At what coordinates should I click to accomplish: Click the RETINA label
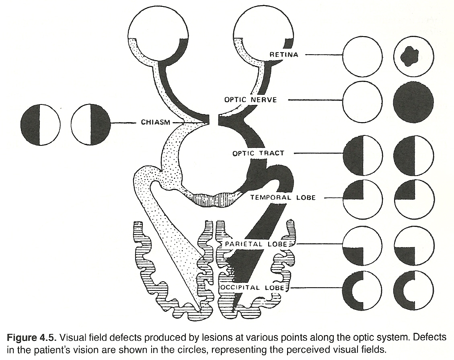point(284,54)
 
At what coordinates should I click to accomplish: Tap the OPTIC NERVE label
point(251,100)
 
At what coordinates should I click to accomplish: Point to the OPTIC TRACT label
point(258,153)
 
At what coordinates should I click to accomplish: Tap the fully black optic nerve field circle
point(414,100)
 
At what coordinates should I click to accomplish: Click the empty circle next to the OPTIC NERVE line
point(362,100)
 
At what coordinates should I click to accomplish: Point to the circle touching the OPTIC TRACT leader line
point(363,155)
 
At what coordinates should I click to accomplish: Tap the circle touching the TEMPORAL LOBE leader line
point(363,198)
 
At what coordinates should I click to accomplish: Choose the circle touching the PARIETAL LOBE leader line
point(363,245)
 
